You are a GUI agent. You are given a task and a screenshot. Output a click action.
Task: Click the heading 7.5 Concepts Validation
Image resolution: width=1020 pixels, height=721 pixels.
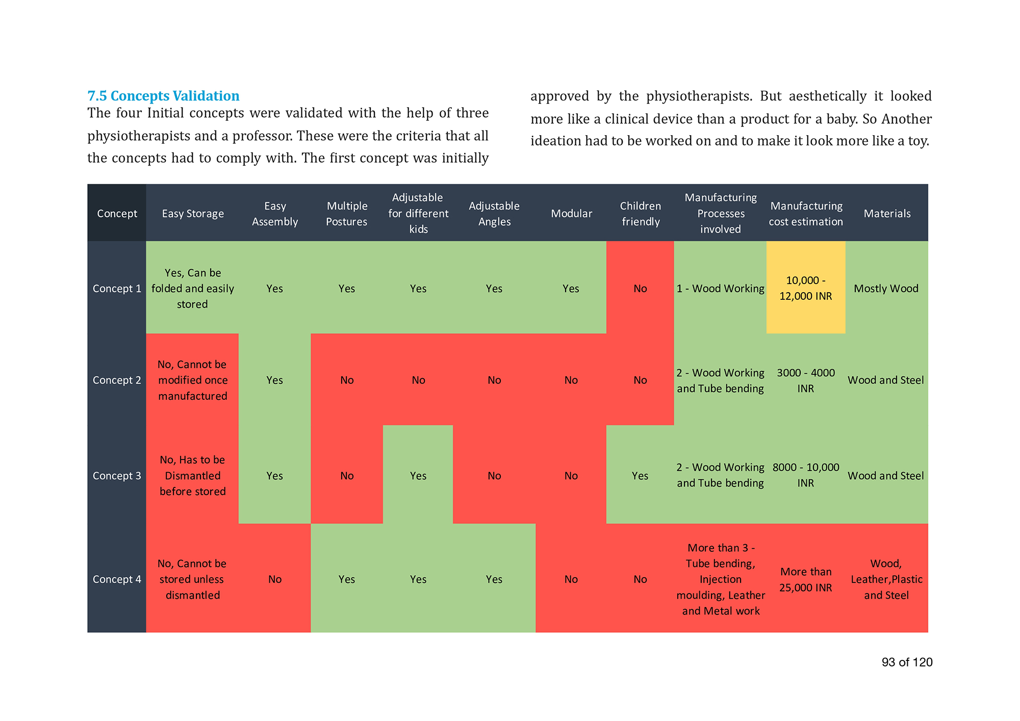click(x=163, y=96)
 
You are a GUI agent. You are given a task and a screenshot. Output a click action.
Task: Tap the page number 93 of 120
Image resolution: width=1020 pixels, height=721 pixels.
click(x=907, y=662)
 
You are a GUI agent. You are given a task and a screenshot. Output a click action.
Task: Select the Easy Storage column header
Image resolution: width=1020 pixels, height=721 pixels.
click(x=193, y=214)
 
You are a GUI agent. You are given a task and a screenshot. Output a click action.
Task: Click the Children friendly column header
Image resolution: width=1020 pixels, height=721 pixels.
click(x=641, y=214)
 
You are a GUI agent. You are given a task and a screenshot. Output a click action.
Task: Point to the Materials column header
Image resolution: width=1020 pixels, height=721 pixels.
click(x=887, y=214)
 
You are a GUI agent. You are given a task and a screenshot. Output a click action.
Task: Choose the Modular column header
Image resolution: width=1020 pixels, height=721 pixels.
click(x=571, y=214)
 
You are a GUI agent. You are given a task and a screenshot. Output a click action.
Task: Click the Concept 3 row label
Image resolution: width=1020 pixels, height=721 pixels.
click(x=117, y=476)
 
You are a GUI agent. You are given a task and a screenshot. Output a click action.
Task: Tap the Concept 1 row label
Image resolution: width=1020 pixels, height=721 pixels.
click(x=117, y=289)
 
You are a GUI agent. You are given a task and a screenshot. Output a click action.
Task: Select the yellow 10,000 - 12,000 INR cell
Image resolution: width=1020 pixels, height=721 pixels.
click(x=806, y=288)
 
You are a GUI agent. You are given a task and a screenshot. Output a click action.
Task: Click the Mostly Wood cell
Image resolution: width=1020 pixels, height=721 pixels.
click(x=886, y=289)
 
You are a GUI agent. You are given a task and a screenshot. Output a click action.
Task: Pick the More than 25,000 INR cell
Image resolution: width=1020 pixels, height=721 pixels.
click(x=806, y=580)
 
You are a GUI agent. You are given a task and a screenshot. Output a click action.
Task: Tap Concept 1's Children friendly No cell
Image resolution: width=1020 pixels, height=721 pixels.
click(x=640, y=289)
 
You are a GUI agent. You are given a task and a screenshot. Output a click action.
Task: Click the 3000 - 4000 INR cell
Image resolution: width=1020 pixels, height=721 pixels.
click(x=806, y=380)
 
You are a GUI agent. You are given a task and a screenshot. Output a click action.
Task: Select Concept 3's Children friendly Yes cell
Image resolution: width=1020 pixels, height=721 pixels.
click(x=640, y=476)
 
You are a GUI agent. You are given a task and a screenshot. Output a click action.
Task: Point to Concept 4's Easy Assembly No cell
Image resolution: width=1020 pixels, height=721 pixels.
click(x=275, y=579)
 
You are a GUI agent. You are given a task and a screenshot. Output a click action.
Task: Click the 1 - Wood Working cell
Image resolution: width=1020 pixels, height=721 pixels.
click(x=720, y=289)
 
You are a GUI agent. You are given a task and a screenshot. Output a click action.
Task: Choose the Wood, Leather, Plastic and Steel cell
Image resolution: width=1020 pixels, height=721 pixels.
click(x=886, y=579)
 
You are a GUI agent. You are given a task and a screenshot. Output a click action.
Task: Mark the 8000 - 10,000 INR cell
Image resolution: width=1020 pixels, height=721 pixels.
click(x=806, y=475)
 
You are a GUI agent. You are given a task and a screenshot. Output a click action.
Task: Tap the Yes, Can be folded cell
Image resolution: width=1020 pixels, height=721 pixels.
click(x=193, y=289)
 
